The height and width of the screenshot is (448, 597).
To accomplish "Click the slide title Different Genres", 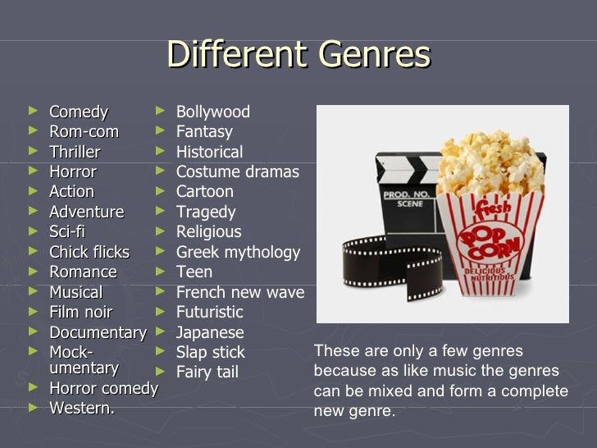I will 298,55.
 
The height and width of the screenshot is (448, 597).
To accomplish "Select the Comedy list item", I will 79,112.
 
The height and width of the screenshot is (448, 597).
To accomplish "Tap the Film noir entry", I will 81,312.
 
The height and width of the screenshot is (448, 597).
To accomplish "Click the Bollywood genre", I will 213,112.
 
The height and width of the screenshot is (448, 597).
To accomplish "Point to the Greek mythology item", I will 238,252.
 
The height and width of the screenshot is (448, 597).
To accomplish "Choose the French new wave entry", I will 239,292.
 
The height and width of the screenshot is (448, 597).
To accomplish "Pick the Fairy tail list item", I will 207,373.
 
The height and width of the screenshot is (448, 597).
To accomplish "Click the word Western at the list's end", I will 80,408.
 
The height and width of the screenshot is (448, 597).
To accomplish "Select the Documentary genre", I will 98,332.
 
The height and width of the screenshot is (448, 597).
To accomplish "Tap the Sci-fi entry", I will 67,231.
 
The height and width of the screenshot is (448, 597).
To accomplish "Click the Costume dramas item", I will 237,171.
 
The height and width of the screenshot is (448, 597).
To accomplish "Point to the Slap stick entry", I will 210,352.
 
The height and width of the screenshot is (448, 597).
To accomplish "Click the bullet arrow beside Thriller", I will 32,151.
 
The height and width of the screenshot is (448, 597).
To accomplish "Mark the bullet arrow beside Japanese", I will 160,331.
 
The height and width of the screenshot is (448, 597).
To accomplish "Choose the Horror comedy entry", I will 103,388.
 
